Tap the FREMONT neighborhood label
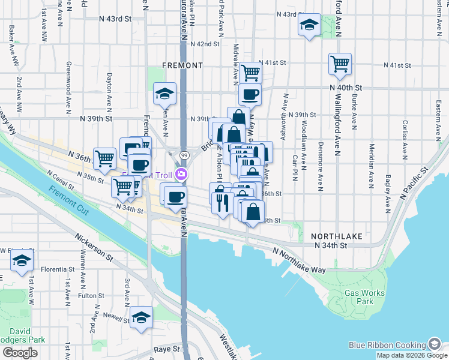[182, 65]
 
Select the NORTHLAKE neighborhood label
[337, 236]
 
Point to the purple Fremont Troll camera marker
[181, 175]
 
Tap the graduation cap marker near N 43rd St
[309, 25]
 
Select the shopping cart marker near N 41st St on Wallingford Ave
[340, 64]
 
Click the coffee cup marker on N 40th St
[250, 94]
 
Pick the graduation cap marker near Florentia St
[22, 262]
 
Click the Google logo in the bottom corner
[20, 353]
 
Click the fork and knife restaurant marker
[223, 202]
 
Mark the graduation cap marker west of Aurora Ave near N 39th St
[164, 93]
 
